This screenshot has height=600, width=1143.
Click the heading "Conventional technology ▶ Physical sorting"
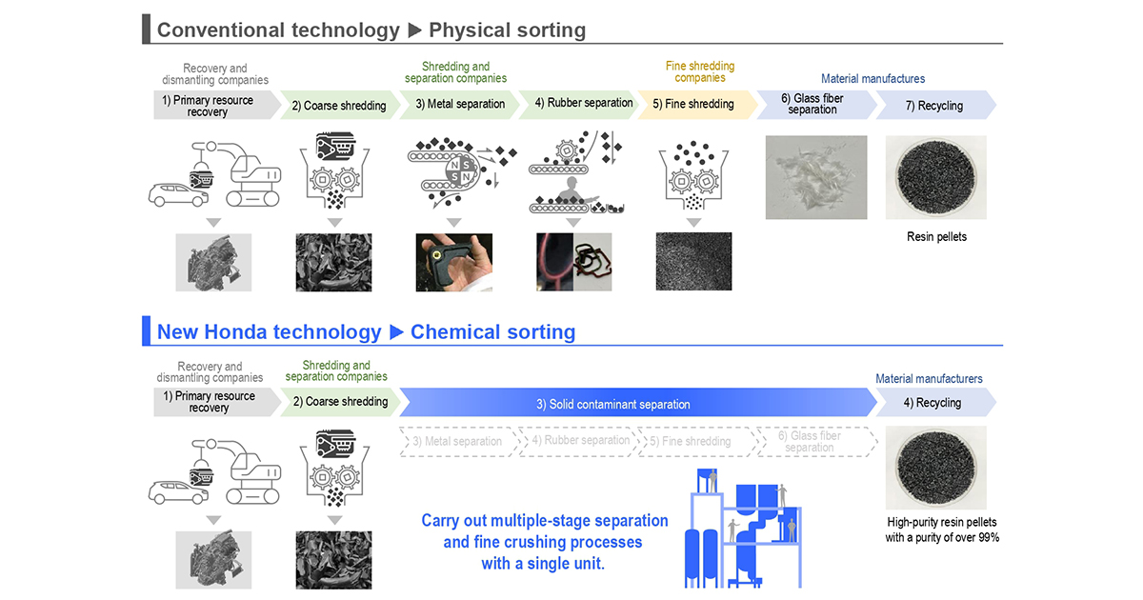(x=371, y=30)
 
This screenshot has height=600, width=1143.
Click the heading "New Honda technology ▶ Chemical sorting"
(x=366, y=331)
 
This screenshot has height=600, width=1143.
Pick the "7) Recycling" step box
(x=932, y=106)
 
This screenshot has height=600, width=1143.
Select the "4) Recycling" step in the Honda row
(x=932, y=403)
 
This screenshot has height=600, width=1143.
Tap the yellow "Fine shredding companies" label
(x=699, y=71)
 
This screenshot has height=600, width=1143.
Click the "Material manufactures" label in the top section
(x=872, y=79)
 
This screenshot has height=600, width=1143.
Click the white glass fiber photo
(x=816, y=177)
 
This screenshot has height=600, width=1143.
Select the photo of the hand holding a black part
(x=454, y=262)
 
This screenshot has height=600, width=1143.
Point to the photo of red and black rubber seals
(x=573, y=262)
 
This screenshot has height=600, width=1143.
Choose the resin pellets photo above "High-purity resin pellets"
(x=936, y=468)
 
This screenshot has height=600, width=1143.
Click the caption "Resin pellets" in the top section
(x=936, y=236)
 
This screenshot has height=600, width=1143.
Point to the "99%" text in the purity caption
(x=986, y=538)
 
